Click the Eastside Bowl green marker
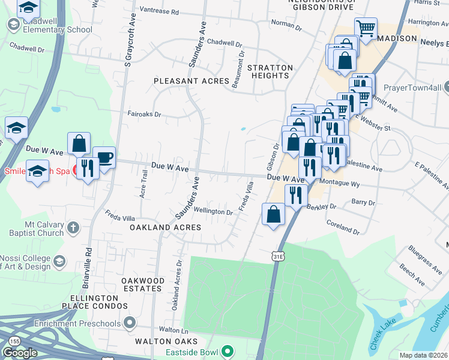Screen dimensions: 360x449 227,350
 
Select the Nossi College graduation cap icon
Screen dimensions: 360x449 59,261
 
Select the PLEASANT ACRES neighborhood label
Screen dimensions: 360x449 191,81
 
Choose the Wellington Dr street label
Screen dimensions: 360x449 213,211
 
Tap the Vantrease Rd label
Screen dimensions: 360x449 158,11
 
